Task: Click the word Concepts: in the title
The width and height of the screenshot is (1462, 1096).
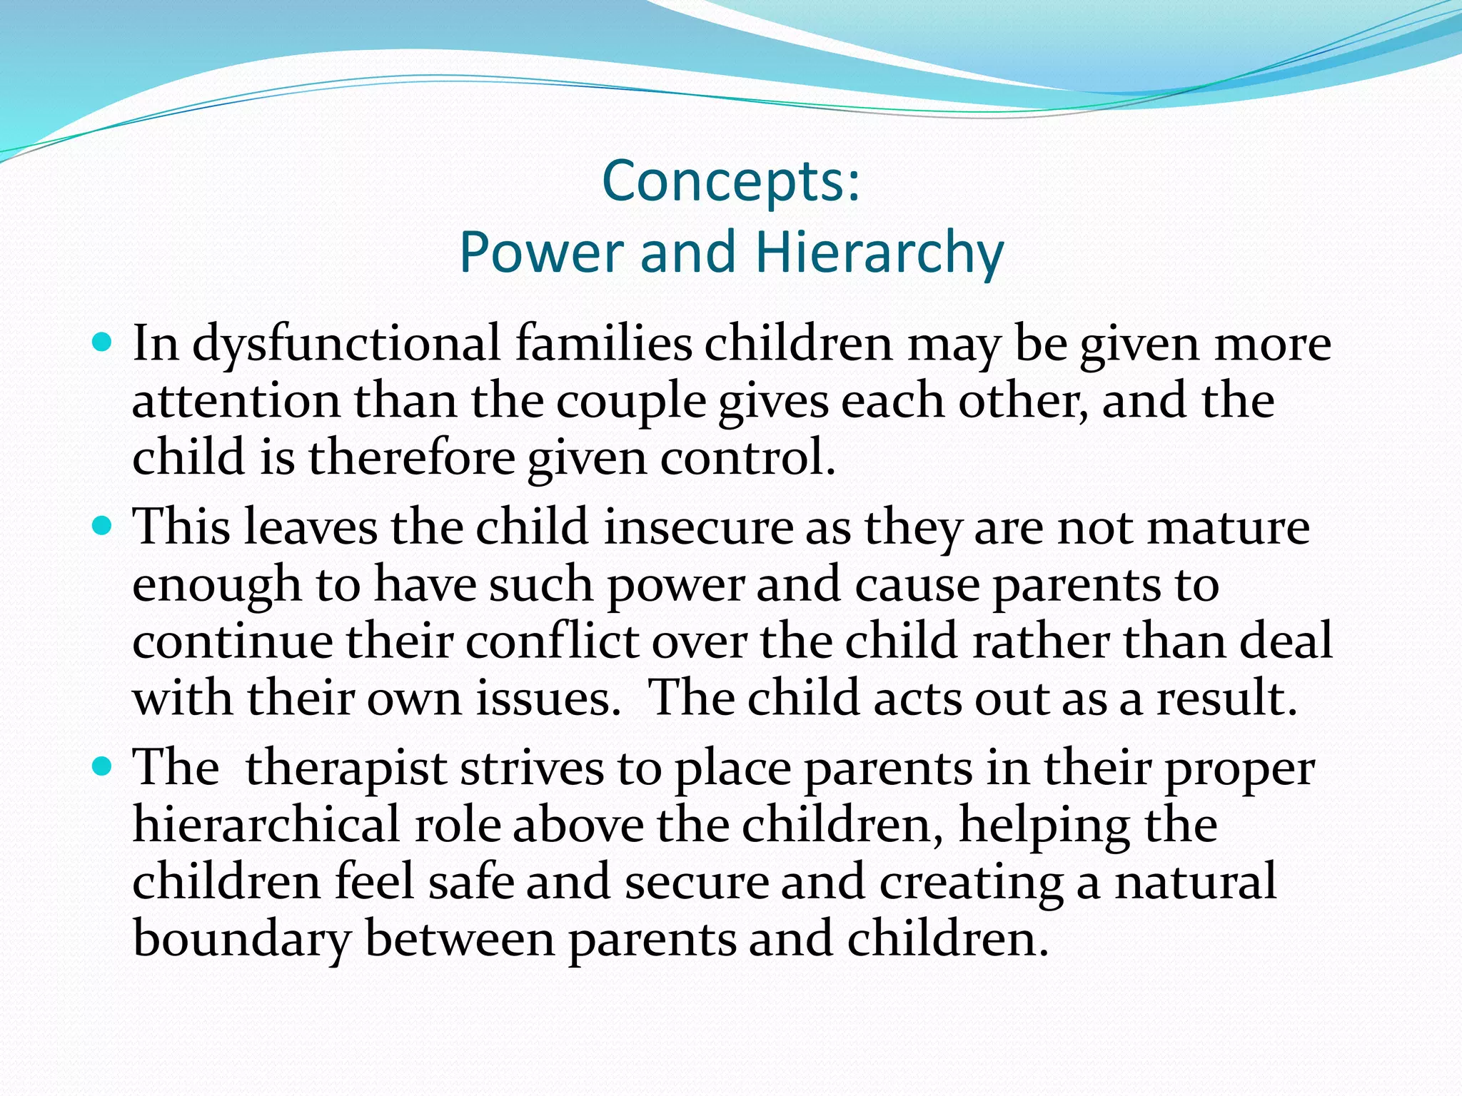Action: point(732,182)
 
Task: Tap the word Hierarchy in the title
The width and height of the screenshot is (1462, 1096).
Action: point(879,253)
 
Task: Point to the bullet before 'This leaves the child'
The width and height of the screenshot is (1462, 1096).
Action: point(104,527)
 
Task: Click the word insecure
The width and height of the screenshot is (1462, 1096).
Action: point(698,528)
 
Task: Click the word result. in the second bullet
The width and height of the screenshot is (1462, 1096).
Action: point(1226,698)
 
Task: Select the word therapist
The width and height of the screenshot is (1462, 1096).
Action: point(346,769)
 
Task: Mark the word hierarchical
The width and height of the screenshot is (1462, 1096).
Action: point(267,826)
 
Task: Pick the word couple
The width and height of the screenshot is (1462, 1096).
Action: point(630,402)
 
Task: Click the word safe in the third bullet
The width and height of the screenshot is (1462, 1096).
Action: point(470,882)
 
